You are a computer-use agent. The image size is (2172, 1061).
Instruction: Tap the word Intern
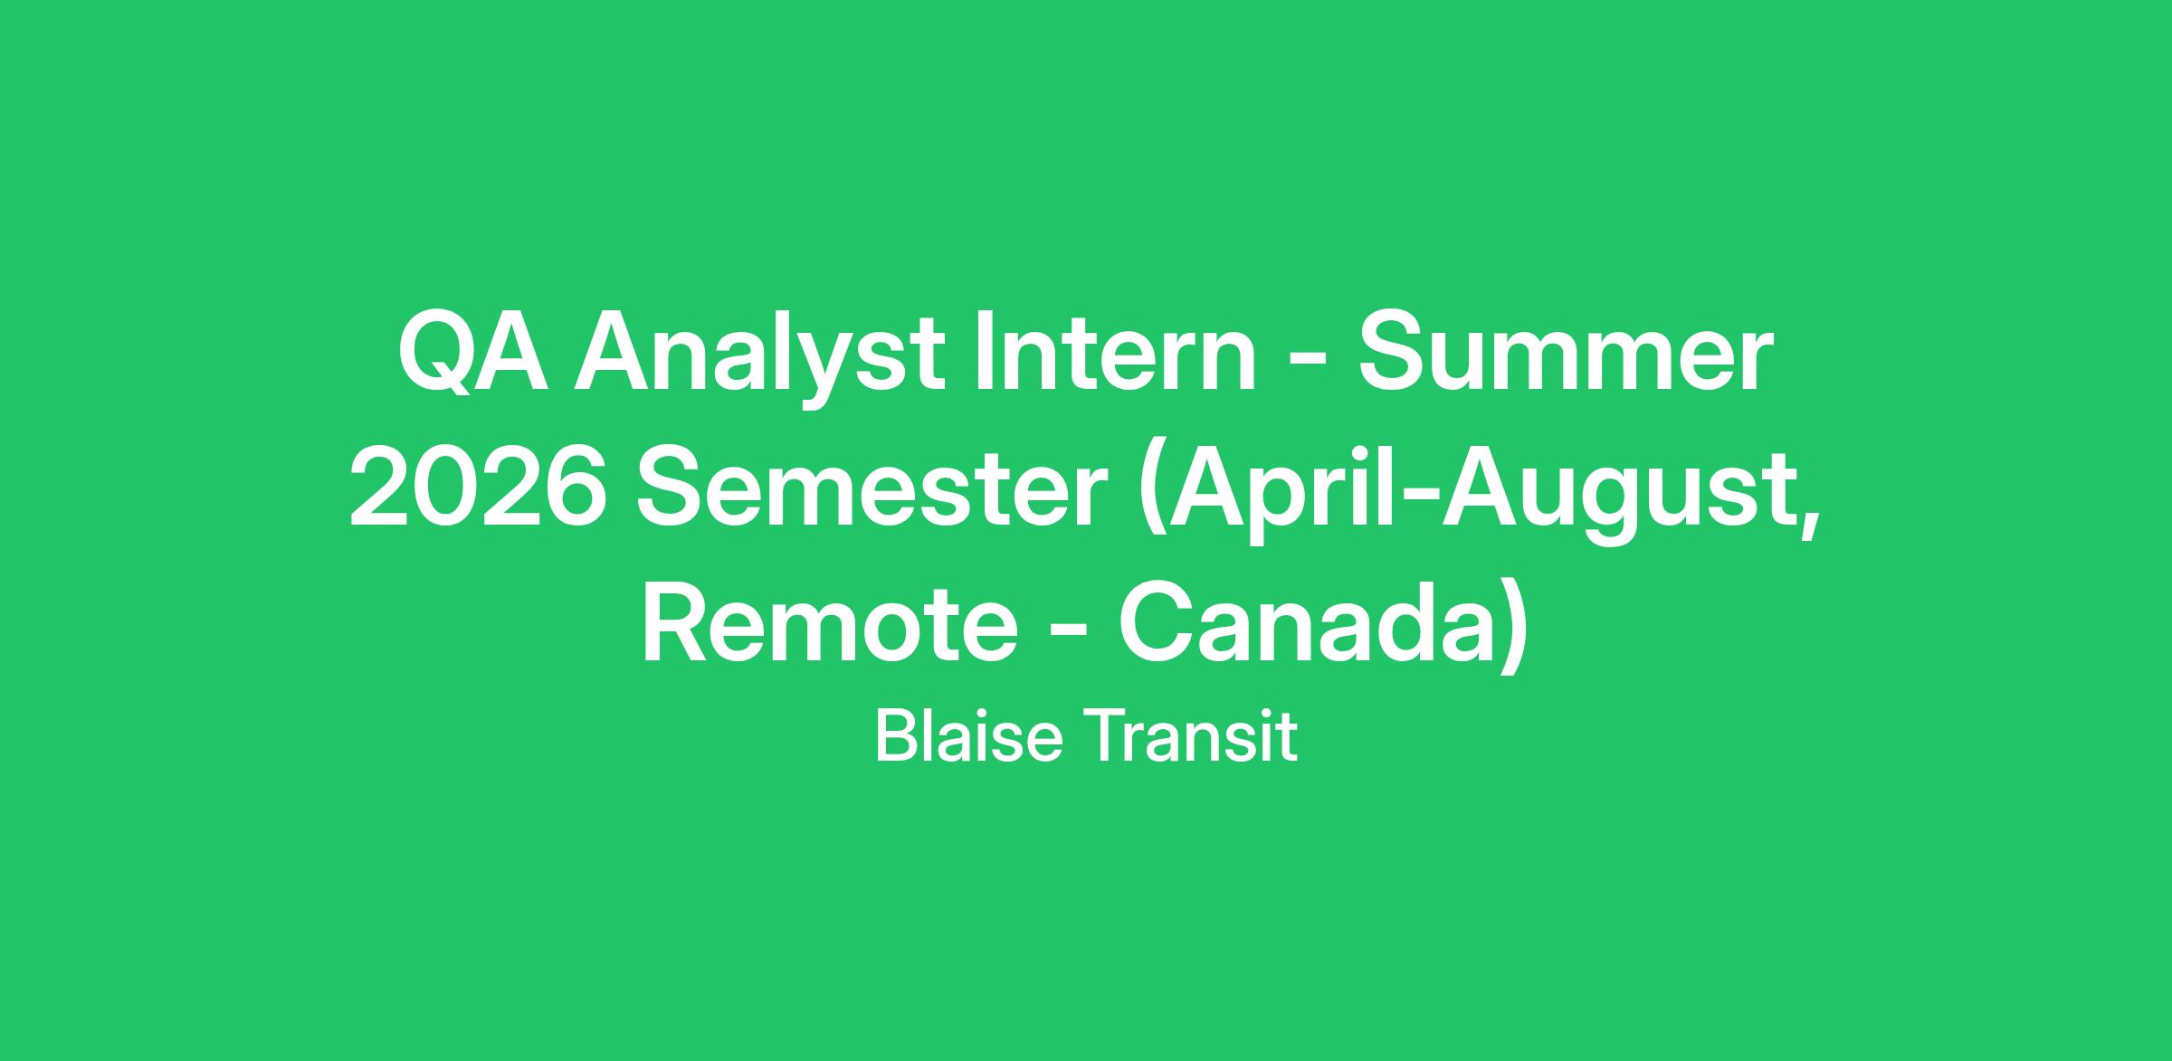click(1116, 352)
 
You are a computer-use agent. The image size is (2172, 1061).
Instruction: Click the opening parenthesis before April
click(1151, 495)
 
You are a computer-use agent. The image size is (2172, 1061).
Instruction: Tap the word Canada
click(1306, 625)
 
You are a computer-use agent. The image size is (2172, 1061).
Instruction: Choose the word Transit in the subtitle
click(1188, 737)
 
